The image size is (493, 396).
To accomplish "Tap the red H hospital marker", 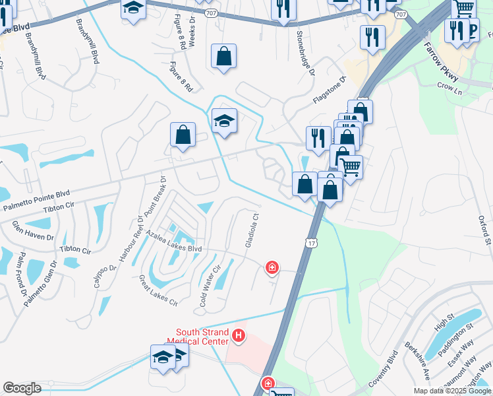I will tap(239, 337).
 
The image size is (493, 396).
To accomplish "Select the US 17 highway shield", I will tap(310, 242).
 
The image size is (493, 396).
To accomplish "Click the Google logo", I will tap(22, 388).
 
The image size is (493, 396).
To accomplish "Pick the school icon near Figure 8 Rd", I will tap(224, 121).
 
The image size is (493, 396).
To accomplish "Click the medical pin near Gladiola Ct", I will tap(271, 267).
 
